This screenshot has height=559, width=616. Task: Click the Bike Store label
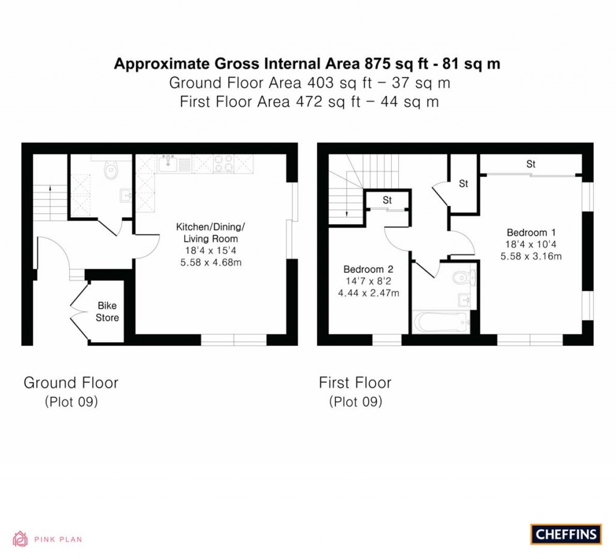coord(107,311)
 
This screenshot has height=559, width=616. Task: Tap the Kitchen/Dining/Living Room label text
coord(211,233)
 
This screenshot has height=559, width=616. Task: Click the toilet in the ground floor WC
coord(111,172)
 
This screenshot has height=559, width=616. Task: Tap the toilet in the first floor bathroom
coord(463,278)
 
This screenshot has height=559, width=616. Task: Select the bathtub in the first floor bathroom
coord(442,321)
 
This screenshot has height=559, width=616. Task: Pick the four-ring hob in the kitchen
coord(223,163)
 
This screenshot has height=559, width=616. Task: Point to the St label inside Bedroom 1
coord(531,164)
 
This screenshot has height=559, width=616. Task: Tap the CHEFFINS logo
coord(566,534)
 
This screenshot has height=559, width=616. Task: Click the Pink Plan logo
coord(48,539)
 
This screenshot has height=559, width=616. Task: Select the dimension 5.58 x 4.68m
coord(210,263)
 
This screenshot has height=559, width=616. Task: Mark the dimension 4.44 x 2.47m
coord(368,293)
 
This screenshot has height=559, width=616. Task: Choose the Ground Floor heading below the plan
coord(71,383)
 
